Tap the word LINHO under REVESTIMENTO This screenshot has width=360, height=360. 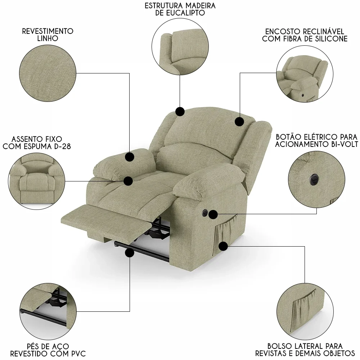(x=48, y=38)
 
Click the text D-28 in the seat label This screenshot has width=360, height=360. (x=62, y=146)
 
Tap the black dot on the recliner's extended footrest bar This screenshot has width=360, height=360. (x=130, y=253)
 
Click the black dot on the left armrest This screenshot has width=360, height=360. (x=130, y=157)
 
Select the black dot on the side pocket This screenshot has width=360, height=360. (x=223, y=246)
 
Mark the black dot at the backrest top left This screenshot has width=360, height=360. (x=180, y=112)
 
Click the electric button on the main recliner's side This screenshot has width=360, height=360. (x=204, y=213)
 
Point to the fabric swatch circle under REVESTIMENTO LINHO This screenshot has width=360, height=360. (x=48, y=73)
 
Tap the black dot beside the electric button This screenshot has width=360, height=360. (x=213, y=215)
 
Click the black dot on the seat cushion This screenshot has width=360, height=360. (x=128, y=181)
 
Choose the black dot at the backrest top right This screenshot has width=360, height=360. (x=239, y=121)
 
